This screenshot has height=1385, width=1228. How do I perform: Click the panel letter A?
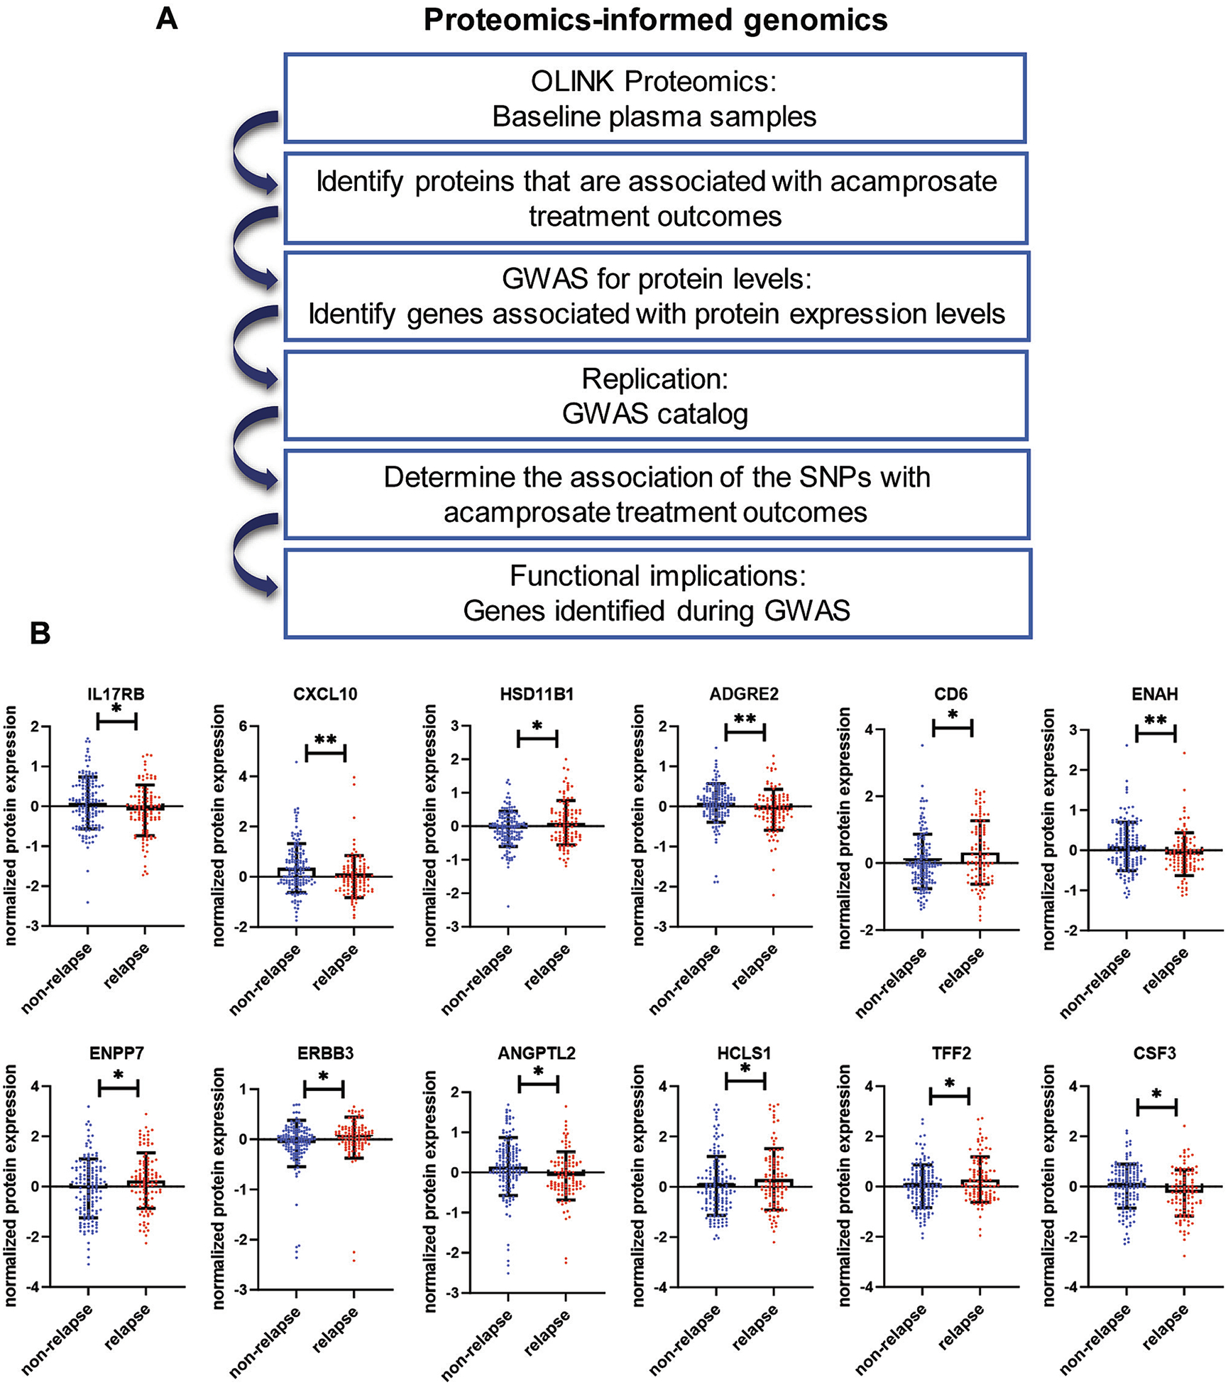pyautogui.click(x=166, y=18)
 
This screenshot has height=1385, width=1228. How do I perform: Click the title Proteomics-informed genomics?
pyautogui.click(x=655, y=20)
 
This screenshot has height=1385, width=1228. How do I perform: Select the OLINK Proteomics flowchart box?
pyautogui.click(x=654, y=98)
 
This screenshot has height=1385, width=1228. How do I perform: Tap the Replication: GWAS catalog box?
pyautogui.click(x=655, y=396)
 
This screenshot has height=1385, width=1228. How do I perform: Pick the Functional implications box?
pyautogui.click(x=657, y=593)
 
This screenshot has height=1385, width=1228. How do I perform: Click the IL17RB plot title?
pyautogui.click(x=116, y=694)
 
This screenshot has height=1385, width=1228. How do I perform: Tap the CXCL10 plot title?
pyautogui.click(x=325, y=694)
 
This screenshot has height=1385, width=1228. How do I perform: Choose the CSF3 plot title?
pyautogui.click(x=1155, y=1053)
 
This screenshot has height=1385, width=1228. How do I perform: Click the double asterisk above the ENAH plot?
pyautogui.click(x=1156, y=720)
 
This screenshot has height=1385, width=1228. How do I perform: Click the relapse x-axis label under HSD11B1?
pyautogui.click(x=547, y=966)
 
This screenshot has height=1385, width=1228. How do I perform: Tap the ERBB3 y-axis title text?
pyautogui.click(x=219, y=1187)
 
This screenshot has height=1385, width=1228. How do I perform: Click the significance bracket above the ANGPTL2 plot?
pyautogui.click(x=539, y=1085)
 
